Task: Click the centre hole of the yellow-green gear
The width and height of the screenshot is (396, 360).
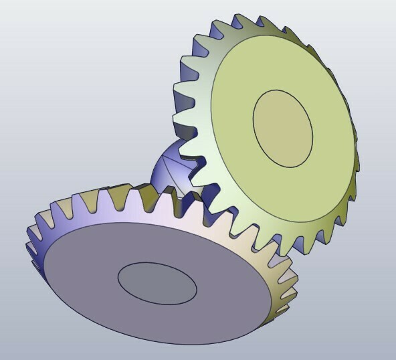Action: (x=283, y=128)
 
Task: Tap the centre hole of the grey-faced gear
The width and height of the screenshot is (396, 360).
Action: (x=157, y=283)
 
